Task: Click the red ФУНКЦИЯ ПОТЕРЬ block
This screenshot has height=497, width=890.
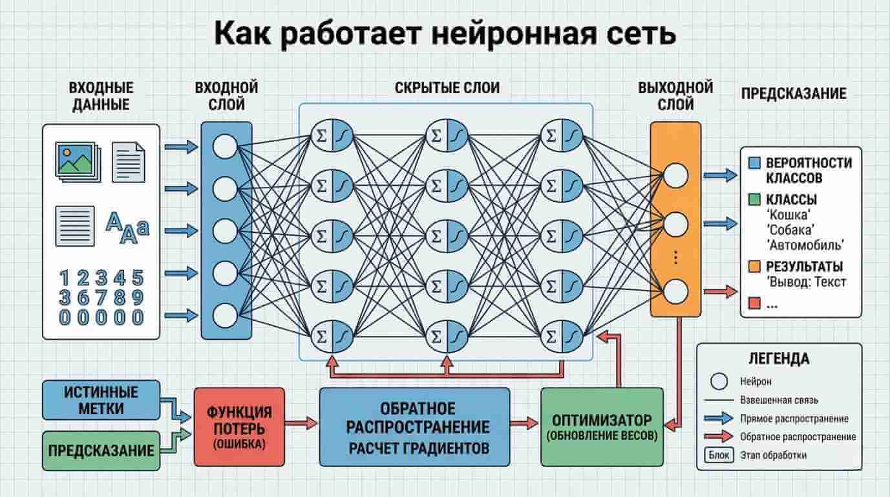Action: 239,426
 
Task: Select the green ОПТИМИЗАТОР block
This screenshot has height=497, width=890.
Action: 602,426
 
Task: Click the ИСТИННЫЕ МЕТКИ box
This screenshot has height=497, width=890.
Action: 101,399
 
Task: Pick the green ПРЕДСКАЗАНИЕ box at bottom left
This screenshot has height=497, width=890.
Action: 101,450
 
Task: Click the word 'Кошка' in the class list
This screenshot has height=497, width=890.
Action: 788,214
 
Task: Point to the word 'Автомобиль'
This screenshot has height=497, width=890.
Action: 807,245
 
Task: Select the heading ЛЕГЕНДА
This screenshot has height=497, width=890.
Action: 779,358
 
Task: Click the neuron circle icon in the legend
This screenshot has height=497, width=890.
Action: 718,381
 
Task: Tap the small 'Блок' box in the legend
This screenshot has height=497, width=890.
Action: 718,455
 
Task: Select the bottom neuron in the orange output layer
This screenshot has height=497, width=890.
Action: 675,291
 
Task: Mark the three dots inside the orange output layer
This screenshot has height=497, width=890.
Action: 675,258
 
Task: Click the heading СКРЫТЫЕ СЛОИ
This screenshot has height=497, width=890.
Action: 447,88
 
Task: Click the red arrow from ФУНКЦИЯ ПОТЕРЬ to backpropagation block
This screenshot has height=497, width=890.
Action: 301,423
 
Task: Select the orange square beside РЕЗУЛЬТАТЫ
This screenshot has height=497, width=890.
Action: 754,267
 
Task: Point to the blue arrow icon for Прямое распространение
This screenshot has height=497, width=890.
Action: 718,418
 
